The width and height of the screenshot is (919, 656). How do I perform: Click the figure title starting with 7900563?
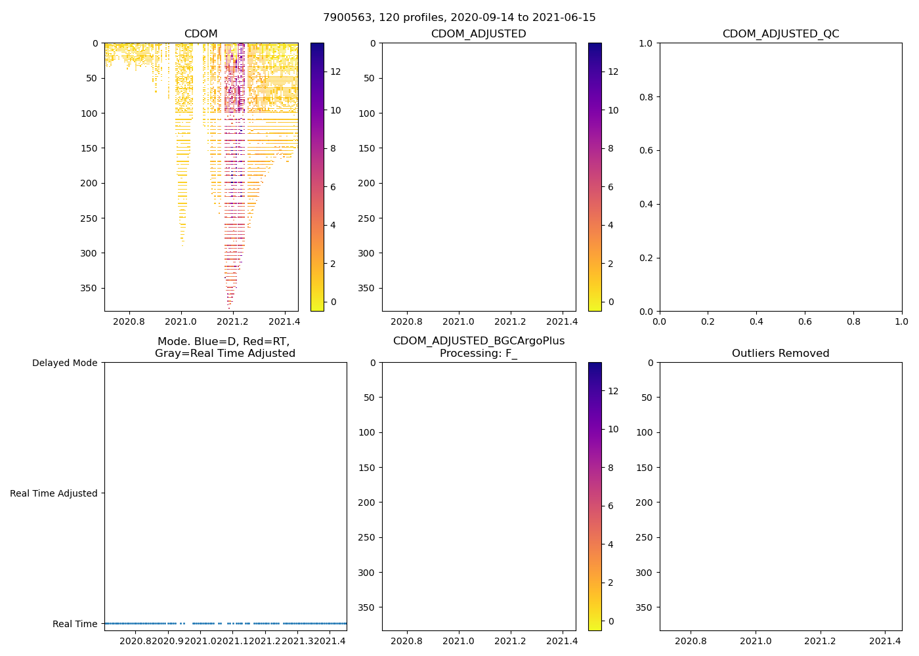point(459,18)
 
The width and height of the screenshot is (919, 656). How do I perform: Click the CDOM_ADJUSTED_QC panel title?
point(780,34)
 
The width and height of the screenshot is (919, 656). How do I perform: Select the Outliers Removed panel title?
point(780,354)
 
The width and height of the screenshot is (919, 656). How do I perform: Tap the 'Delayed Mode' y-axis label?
point(64,363)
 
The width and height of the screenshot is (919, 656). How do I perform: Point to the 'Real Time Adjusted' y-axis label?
point(53,493)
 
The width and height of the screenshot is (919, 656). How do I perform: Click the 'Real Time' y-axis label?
point(75,624)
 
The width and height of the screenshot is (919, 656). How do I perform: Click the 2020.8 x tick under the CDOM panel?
point(129,321)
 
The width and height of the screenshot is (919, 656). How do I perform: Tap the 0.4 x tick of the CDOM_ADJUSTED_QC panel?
point(756,321)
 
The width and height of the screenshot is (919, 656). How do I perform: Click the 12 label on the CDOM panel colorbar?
point(335,72)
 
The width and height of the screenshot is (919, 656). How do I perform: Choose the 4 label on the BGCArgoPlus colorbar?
point(610,544)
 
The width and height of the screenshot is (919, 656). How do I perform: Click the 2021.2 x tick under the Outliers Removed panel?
point(821,641)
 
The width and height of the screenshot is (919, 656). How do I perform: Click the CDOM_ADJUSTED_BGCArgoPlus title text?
point(479,341)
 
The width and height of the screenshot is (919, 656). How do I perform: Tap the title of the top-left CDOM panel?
point(201,34)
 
